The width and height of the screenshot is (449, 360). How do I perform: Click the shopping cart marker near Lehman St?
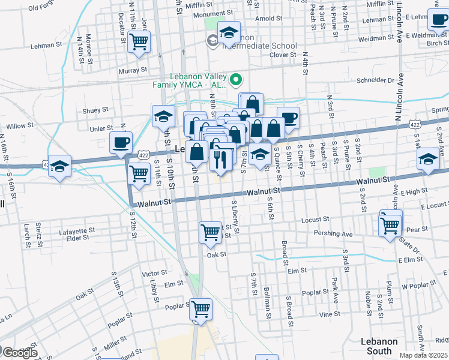click(139, 43)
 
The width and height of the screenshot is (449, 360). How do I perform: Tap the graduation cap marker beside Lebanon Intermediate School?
click(229, 33)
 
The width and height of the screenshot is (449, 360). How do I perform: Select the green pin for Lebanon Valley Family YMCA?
click(236, 79)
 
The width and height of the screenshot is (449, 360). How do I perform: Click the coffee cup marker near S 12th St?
click(121, 143)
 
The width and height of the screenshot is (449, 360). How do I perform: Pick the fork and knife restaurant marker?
click(220, 159)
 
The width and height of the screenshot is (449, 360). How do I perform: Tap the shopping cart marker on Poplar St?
click(201, 309)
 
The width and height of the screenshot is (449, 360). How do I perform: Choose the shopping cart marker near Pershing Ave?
click(390, 226)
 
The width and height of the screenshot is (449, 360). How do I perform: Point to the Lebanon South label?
click(379, 346)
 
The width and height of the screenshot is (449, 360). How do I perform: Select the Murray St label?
click(133, 71)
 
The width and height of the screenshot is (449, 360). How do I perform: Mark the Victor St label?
click(154, 274)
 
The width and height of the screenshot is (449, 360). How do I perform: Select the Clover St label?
click(283, 55)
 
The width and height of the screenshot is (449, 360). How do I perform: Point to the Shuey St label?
click(95, 110)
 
